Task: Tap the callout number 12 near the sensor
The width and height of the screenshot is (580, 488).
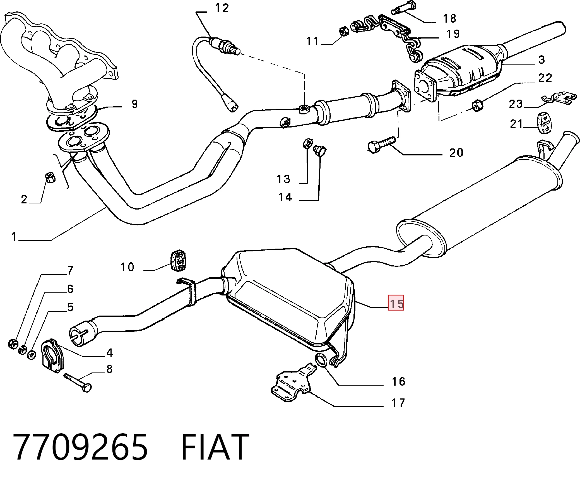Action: (x=222, y=8)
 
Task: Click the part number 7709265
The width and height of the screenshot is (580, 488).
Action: (x=81, y=447)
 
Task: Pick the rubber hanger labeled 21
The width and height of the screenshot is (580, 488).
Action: (x=545, y=123)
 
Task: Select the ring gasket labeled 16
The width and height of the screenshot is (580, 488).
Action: (x=321, y=360)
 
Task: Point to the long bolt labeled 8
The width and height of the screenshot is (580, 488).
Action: (x=78, y=383)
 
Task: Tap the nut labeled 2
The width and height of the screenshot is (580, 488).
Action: (x=50, y=177)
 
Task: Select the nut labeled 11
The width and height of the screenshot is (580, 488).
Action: (x=344, y=31)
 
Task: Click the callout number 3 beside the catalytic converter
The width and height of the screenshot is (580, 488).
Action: (x=542, y=59)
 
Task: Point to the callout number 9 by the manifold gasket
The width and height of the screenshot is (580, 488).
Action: (x=135, y=104)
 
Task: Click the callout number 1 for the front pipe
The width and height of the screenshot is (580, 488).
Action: (x=14, y=237)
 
